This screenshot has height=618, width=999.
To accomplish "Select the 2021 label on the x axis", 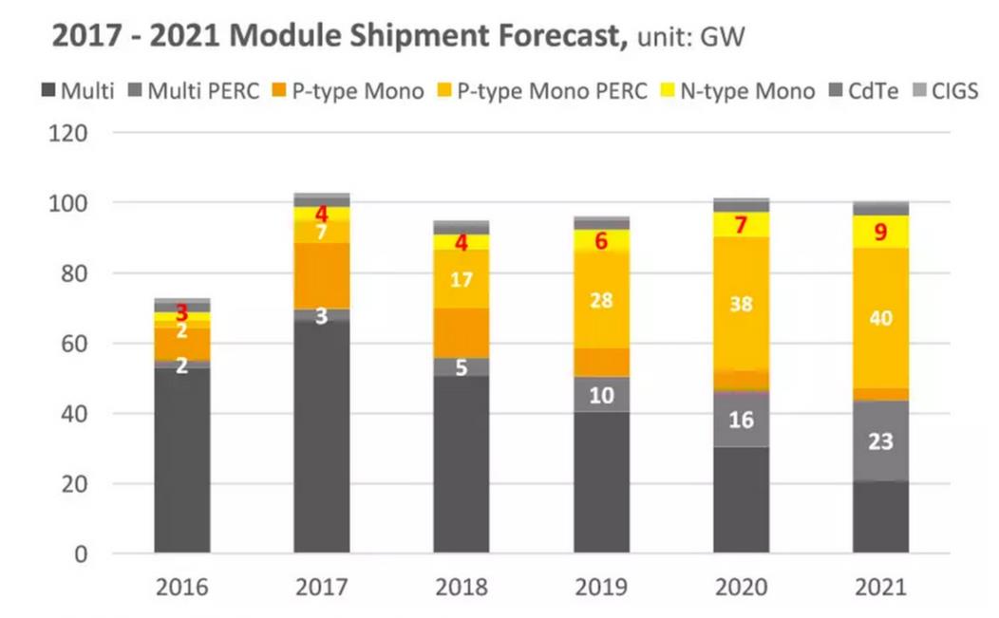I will (x=879, y=587).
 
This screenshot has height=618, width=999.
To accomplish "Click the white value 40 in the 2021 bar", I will (x=879, y=318).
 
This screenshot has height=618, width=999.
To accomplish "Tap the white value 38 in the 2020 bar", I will (x=741, y=304).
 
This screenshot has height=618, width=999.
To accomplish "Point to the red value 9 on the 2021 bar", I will (x=880, y=232).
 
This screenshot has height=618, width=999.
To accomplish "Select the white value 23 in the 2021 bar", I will (x=879, y=441).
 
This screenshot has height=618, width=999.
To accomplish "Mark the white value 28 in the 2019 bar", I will (x=601, y=301).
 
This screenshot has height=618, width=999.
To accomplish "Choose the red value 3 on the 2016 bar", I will (x=181, y=312).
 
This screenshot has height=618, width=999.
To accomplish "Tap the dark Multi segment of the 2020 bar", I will (x=741, y=499).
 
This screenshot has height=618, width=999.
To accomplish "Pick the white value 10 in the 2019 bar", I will (x=601, y=395).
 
